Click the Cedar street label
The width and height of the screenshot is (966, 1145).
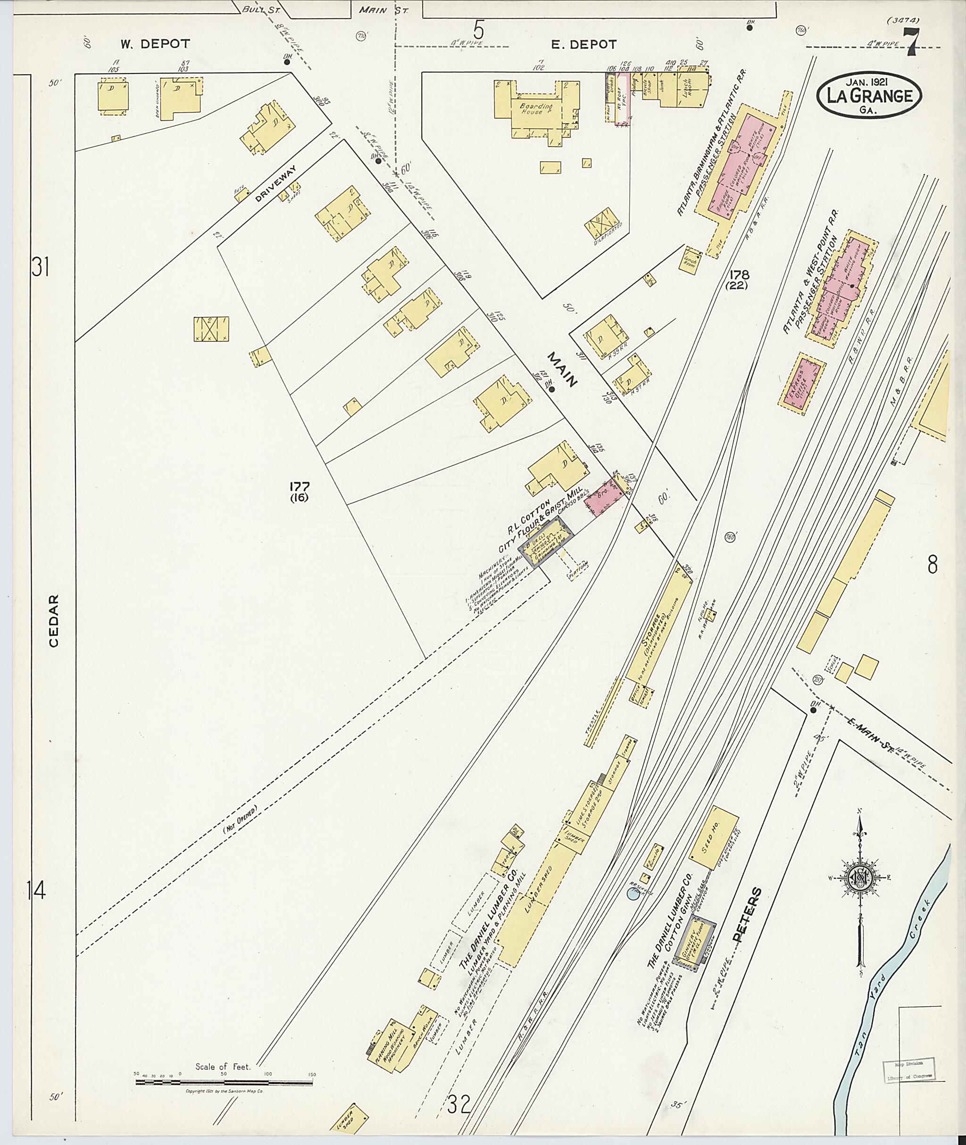point(53,621)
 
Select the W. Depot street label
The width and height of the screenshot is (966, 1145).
point(156,44)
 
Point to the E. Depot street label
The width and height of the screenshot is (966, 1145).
point(584,44)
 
